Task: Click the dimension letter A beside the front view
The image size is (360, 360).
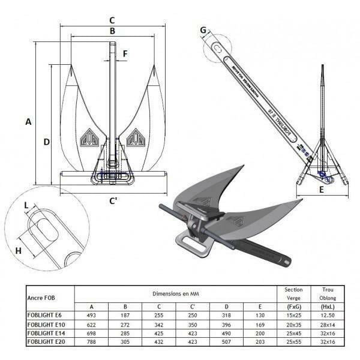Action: (28, 122)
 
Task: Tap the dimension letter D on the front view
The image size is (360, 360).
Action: (46, 142)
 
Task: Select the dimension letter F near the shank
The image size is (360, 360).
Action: (125, 54)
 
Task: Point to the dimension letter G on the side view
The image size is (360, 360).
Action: (203, 31)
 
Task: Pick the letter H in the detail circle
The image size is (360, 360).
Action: (18, 250)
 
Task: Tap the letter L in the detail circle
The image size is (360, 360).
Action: (26, 206)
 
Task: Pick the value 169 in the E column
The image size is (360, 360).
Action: (260, 323)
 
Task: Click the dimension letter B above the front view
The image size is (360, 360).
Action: (112, 31)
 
